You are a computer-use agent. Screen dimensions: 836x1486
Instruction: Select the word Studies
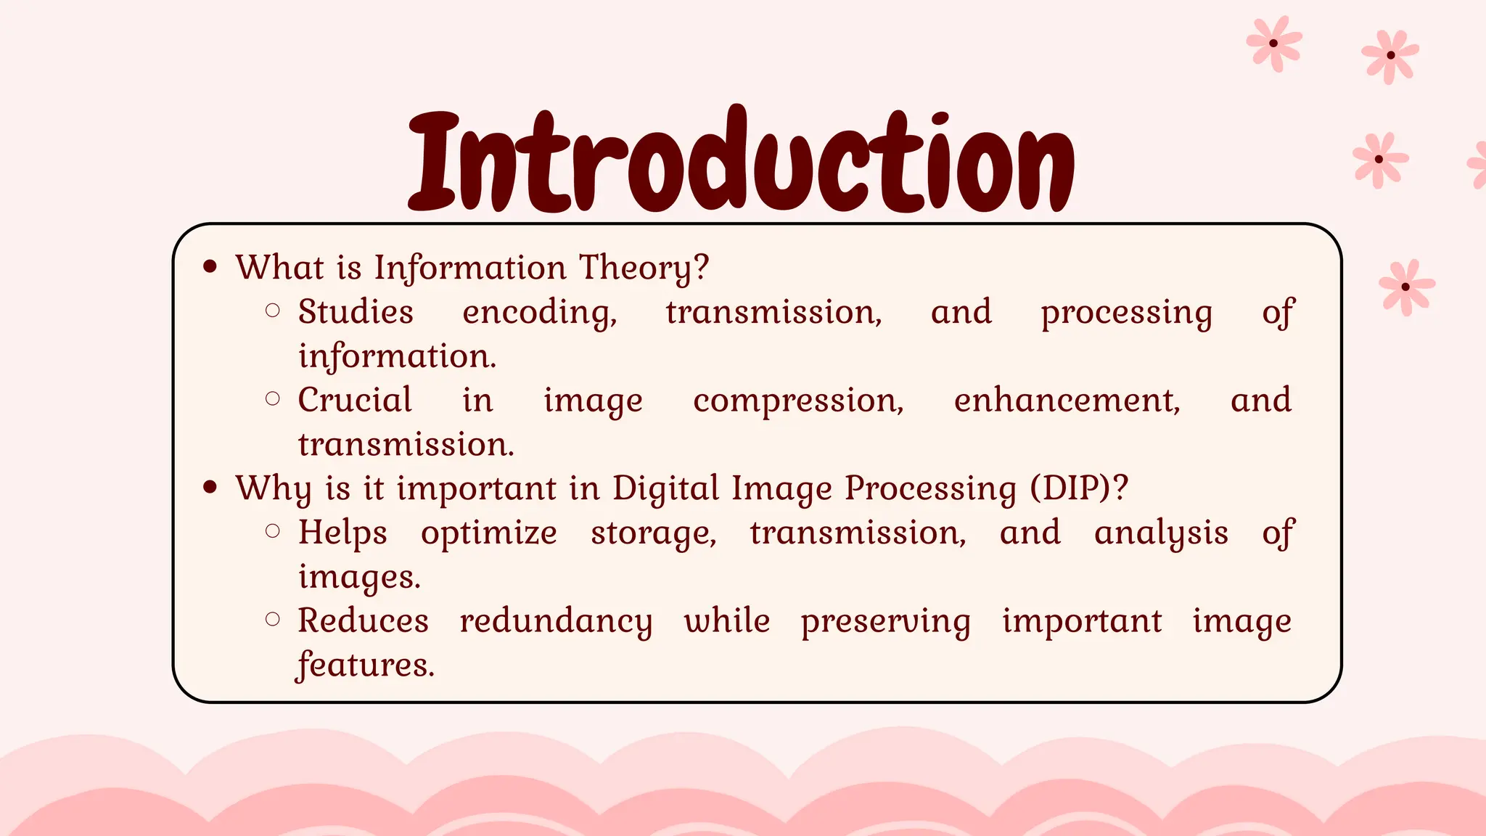point(356,312)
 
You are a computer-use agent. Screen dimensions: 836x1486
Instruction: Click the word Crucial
point(355,400)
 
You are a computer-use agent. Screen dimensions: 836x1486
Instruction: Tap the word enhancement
point(1066,401)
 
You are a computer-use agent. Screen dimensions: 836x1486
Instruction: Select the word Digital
point(665,488)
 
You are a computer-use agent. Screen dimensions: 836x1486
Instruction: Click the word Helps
point(342,533)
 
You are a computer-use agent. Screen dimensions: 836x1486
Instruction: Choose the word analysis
point(1161,533)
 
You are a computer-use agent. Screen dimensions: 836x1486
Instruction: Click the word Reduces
point(363,621)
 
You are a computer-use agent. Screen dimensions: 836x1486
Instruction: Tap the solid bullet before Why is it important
point(210,487)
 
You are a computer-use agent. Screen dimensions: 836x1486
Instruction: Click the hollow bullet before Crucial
point(273,398)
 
